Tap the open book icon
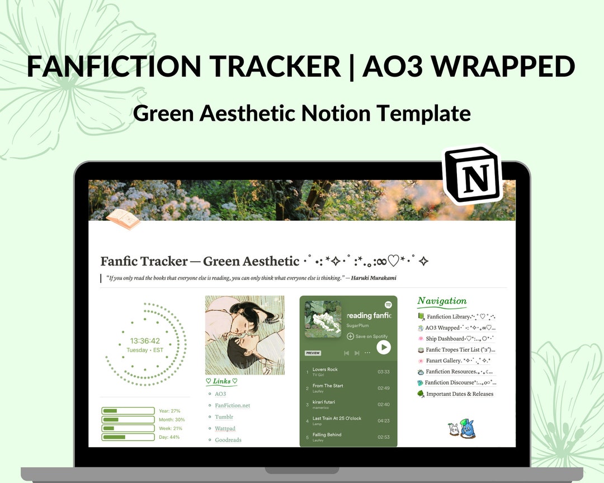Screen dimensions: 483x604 [123, 219]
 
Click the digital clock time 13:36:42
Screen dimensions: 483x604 [145, 340]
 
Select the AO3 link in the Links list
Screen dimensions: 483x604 [220, 394]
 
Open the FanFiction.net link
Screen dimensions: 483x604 [232, 405]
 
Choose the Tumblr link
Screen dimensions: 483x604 [224, 417]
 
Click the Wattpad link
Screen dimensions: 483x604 [225, 429]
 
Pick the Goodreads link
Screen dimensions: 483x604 [228, 440]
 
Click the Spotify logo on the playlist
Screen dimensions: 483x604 [388, 305]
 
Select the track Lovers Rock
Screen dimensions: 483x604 [325, 370]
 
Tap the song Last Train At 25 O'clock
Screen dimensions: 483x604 [337, 418]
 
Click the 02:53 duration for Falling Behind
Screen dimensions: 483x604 [384, 437]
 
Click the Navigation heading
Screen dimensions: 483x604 [442, 301]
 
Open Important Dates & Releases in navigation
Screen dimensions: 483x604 [460, 394]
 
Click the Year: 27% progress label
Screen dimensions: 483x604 [169, 411]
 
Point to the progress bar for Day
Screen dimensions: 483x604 [128, 437]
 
